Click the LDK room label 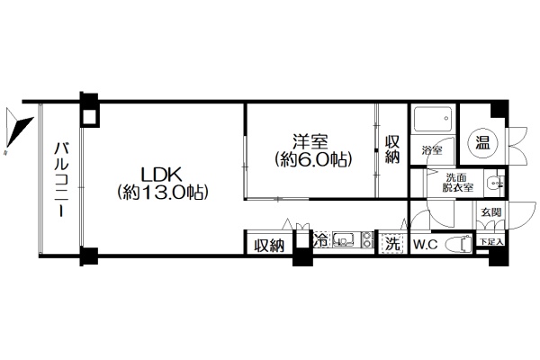(x=162, y=175)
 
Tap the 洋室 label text (x=310, y=141)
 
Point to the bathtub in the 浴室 (x=433, y=120)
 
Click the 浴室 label (x=432, y=150)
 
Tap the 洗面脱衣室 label (x=457, y=183)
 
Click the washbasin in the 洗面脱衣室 (x=495, y=182)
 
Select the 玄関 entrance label (x=491, y=212)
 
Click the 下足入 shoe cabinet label (x=491, y=241)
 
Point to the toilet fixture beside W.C (x=458, y=244)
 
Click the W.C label (x=425, y=244)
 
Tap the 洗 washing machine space (x=392, y=244)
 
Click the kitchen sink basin (x=344, y=239)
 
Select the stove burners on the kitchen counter (x=367, y=239)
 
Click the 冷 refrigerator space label (x=320, y=239)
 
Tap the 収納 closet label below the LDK (x=269, y=246)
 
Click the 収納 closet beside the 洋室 (x=392, y=150)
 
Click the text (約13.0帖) (x=163, y=193)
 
